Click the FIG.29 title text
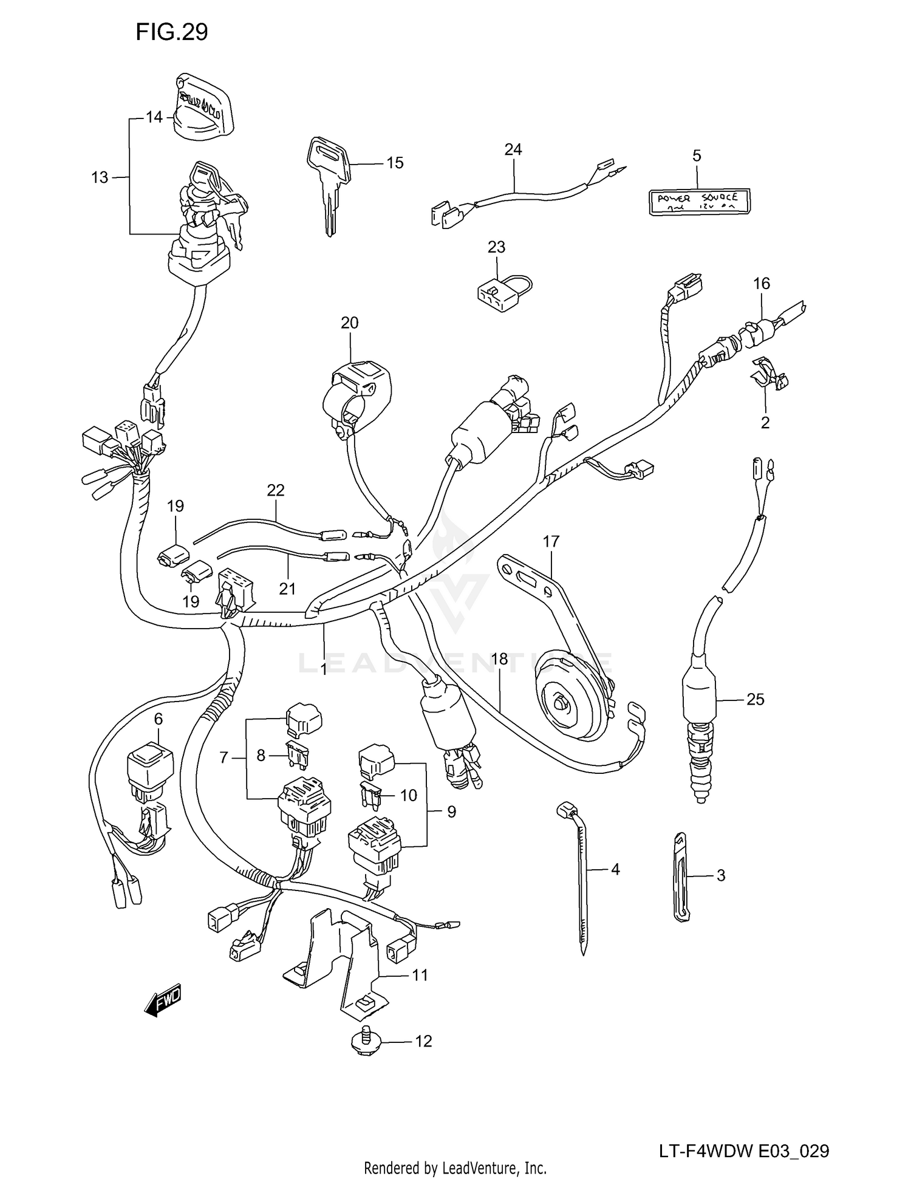click(171, 32)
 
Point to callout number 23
click(496, 247)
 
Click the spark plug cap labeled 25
click(700, 699)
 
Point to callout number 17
click(551, 541)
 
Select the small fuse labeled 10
click(371, 796)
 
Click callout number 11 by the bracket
click(420, 976)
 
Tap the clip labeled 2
click(768, 375)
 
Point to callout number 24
click(513, 149)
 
